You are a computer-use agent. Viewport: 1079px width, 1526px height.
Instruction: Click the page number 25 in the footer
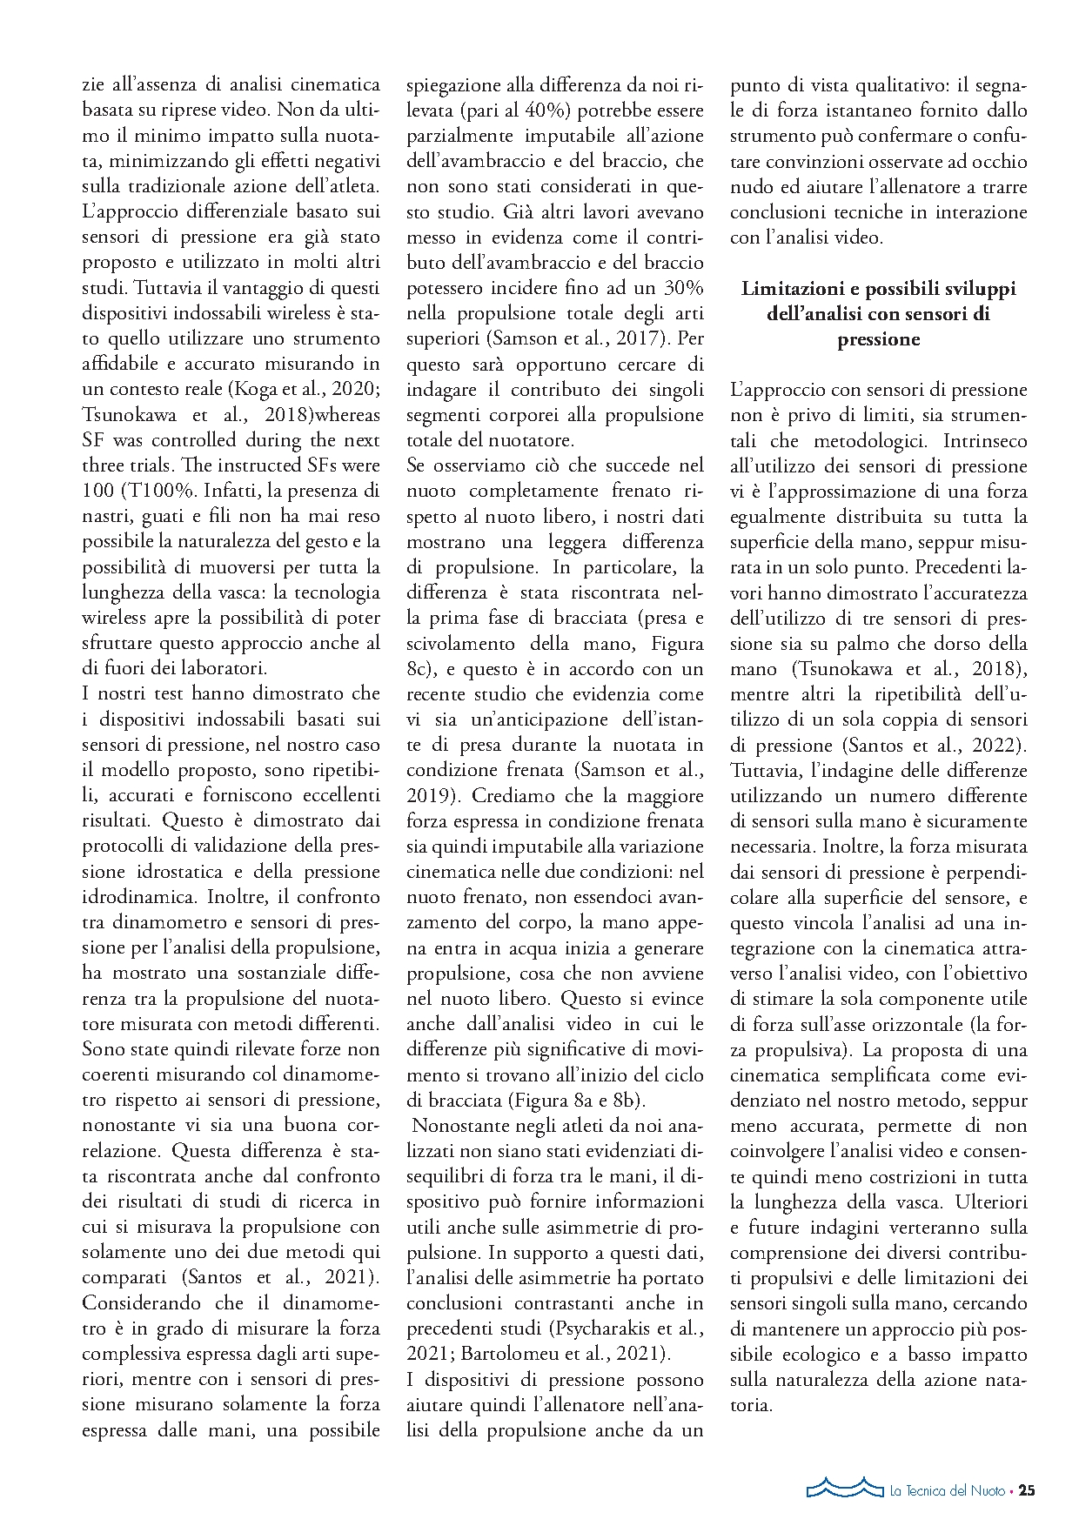coord(1027,1490)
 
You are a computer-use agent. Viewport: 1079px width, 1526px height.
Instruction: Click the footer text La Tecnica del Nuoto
coord(947,1491)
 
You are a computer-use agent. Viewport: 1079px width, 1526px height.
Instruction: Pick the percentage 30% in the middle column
coord(680,288)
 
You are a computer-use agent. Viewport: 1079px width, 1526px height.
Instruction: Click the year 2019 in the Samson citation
coord(428,796)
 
